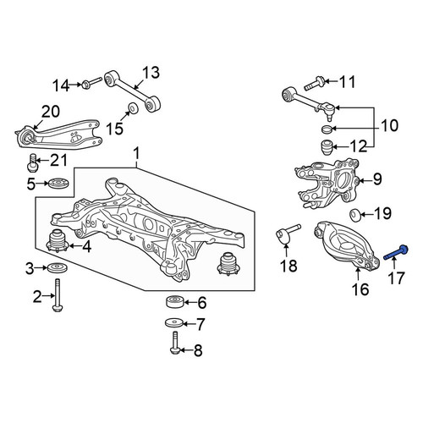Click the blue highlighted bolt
coord(396,253)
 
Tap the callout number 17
coord(396,277)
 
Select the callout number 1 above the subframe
coord(136,154)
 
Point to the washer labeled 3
coord(58,267)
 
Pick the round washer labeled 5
coord(58,184)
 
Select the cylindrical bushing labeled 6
coord(175,302)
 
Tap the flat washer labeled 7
coord(174,322)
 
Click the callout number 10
coord(390,125)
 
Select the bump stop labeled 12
coord(327,147)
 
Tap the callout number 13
coord(151,73)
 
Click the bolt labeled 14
coord(91,83)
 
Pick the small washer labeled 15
coord(133,108)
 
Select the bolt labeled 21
coord(33,162)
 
